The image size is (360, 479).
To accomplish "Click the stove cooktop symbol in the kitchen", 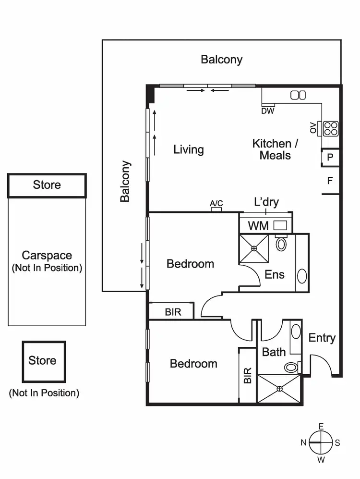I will [330, 128].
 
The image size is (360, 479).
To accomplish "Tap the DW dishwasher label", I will [268, 111].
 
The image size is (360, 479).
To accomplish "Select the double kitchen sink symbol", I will [298, 95].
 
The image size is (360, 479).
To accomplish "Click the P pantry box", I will [330, 157].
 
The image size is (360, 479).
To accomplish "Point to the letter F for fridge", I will [330, 181].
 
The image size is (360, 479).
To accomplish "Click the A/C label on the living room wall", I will [216, 203].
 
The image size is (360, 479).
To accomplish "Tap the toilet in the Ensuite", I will [281, 244].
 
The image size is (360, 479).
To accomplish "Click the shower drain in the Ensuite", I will [254, 248].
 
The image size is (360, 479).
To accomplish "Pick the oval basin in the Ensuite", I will [302, 276].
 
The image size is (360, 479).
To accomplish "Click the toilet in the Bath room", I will [291, 368].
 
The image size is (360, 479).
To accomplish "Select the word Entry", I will [322, 338].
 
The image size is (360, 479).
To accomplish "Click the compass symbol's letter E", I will [321, 426].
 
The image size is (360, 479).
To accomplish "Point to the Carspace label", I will [47, 256].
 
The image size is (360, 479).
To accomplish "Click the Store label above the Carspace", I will [47, 185].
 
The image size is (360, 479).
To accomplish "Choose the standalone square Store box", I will [43, 360].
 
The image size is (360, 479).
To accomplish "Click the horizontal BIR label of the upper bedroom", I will [173, 312].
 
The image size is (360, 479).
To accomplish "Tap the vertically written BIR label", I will [248, 375].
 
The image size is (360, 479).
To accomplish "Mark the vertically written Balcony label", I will [125, 181].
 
